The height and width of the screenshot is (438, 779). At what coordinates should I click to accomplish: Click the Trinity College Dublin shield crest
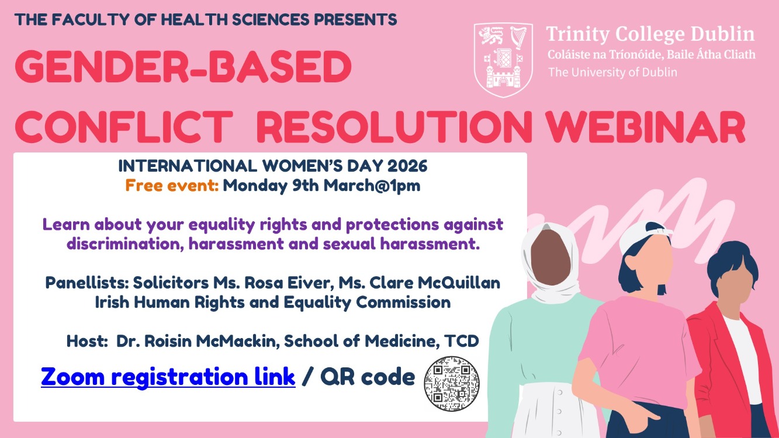coord(503,60)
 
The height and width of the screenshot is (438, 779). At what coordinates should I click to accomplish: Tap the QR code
coord(452,384)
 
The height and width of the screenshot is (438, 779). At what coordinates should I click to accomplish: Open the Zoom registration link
coord(168,377)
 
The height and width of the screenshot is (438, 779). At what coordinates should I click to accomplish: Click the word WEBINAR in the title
coord(645,127)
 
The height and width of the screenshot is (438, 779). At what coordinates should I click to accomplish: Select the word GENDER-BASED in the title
coord(184,67)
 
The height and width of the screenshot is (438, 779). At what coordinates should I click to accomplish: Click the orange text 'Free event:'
coord(172,185)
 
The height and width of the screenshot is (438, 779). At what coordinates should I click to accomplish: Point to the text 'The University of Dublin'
coord(613,72)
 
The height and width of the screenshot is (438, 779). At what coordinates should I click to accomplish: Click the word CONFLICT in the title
coord(124,127)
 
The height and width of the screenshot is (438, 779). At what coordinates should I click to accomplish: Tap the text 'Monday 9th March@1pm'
coord(321,186)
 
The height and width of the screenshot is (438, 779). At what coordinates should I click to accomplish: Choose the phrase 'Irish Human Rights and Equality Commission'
coord(273,303)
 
